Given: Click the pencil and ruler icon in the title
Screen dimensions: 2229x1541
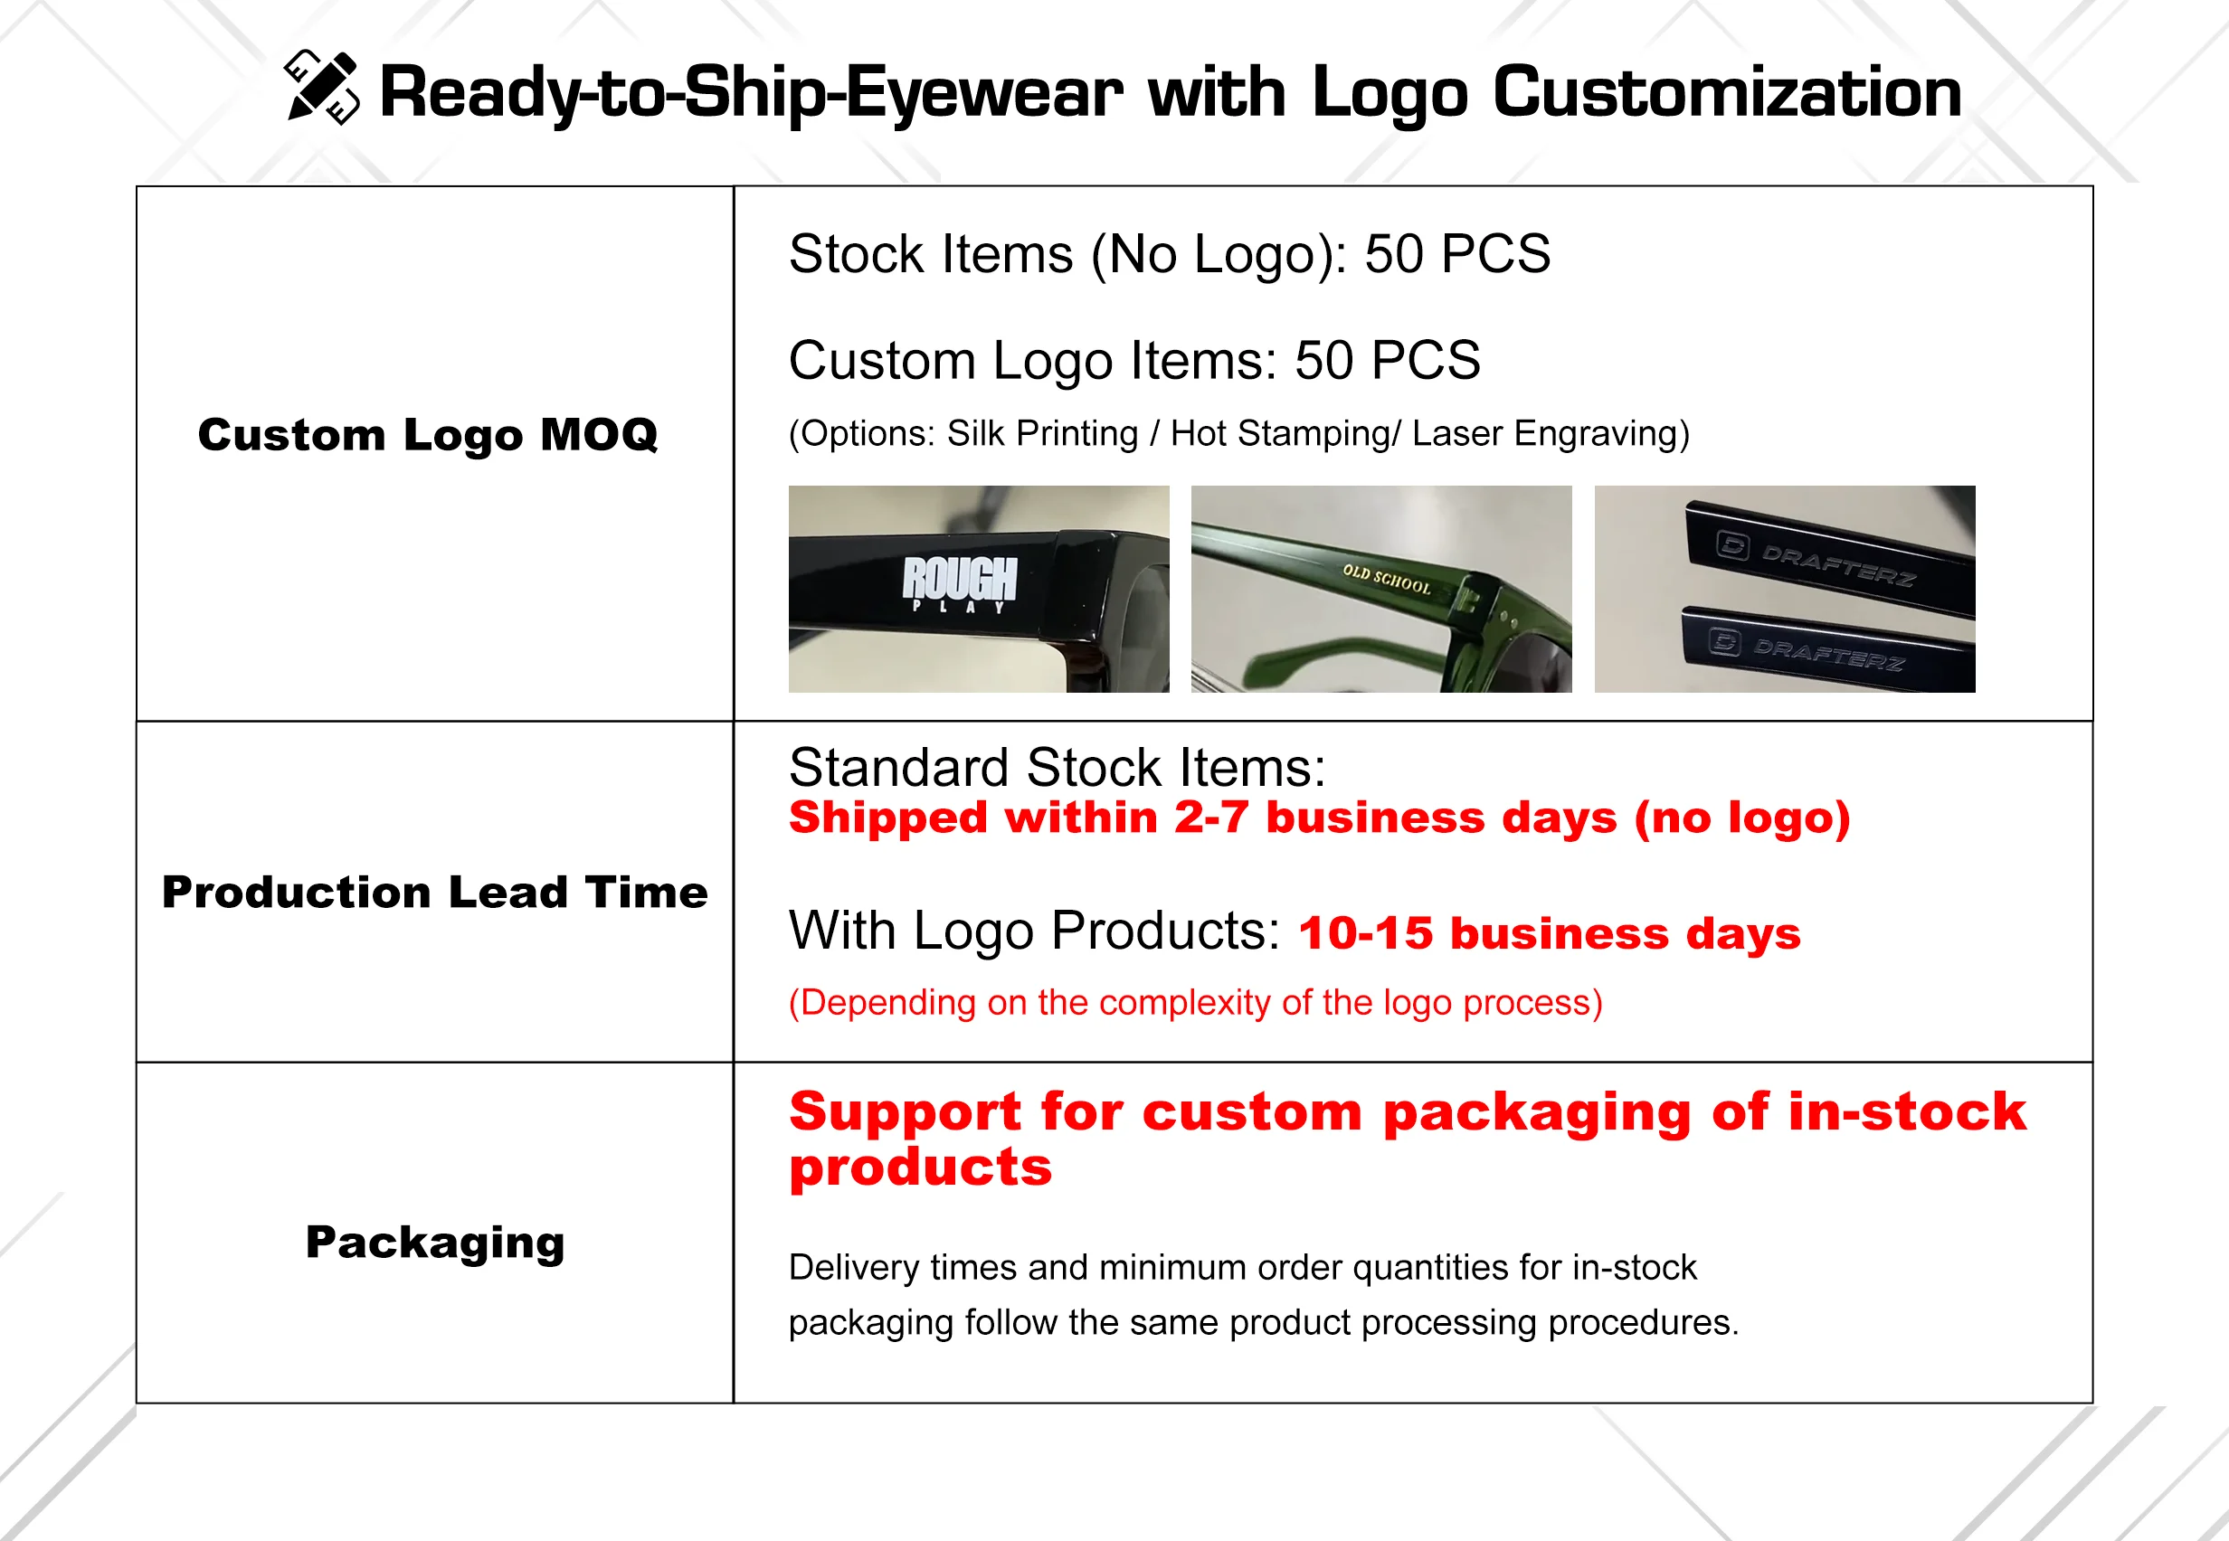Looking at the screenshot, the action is [x=323, y=87].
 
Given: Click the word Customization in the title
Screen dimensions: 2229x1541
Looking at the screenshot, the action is [x=1727, y=92].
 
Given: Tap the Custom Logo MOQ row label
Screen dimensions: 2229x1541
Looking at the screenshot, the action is [x=428, y=434].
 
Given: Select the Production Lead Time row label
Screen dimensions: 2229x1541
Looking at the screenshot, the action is [x=434, y=893].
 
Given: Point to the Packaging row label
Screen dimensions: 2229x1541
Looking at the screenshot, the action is [x=435, y=1243].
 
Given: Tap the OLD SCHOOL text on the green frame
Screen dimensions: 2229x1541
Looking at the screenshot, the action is [x=1387, y=579].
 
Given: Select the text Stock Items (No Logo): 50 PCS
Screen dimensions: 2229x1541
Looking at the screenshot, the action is [x=1170, y=255].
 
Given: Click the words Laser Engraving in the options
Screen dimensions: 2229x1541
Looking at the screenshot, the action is [x=1550, y=433].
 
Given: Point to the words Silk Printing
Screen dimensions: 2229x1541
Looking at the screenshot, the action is [x=1043, y=433].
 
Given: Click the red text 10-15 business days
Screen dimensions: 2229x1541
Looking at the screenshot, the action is [x=1550, y=933].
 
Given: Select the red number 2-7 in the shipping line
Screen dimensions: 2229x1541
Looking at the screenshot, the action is [x=1212, y=818].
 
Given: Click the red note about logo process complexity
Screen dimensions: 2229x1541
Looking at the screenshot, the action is [x=1196, y=1003].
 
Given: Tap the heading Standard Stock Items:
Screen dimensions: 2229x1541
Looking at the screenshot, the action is [x=1058, y=768].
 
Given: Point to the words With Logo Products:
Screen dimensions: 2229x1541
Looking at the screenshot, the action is [x=1034, y=931].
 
